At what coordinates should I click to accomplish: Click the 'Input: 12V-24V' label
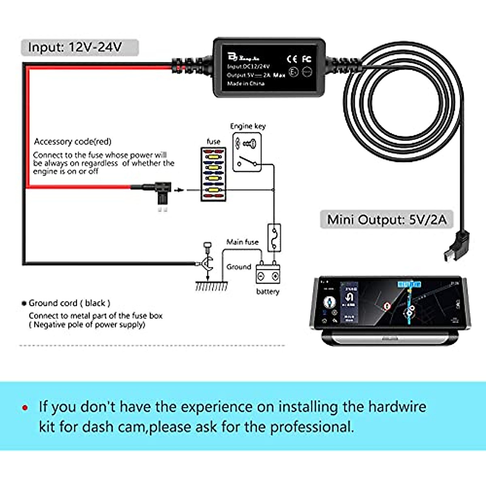75,47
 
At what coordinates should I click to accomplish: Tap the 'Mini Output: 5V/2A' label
386,220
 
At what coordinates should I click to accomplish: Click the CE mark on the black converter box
292,59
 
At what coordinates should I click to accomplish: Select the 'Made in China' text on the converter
246,83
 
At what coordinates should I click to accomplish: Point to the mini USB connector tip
448,256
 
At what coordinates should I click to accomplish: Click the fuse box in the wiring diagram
213,174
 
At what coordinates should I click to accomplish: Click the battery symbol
268,275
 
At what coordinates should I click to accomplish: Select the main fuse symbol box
274,238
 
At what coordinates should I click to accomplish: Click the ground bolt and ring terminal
207,259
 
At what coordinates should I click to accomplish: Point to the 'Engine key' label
248,126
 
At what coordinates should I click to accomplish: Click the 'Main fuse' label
242,242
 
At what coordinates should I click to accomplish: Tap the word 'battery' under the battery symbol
268,292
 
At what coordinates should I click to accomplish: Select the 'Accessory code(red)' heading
72,141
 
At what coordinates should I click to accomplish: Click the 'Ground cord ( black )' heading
69,303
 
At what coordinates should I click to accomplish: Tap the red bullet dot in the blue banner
26,407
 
